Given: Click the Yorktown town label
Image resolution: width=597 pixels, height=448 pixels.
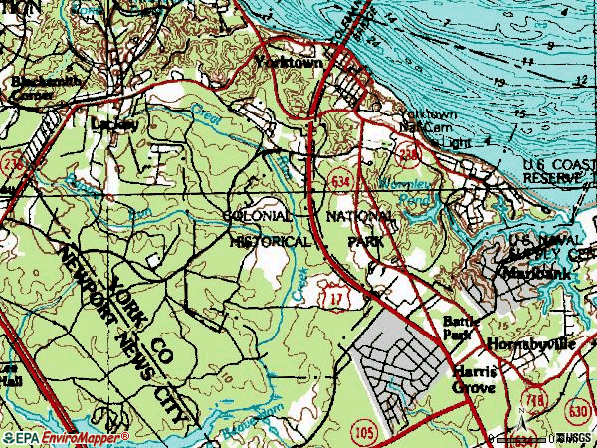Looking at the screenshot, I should point(285,62).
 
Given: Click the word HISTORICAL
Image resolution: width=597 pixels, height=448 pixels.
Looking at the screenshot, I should point(269,241).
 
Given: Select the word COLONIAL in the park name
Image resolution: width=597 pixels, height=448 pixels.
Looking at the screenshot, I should point(257,215).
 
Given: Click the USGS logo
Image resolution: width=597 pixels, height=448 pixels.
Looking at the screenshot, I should point(576,438).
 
